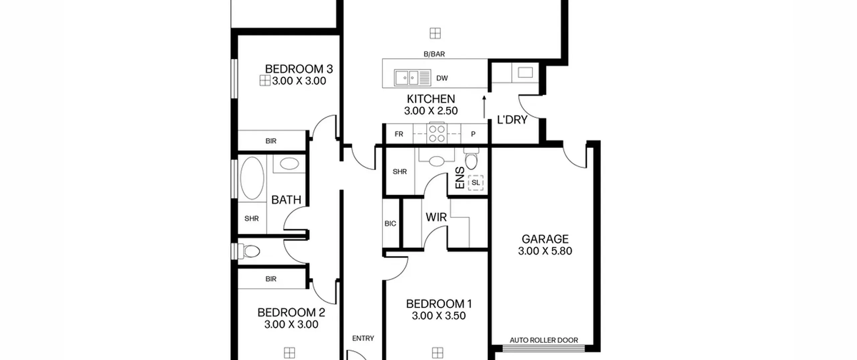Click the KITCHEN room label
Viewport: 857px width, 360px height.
(431, 99)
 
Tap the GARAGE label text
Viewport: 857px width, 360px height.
(545, 239)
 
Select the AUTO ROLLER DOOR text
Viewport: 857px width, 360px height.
(544, 340)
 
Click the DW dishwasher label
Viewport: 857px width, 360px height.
(442, 78)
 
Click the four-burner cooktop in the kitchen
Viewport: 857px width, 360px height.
(437, 134)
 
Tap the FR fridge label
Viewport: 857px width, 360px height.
(399, 134)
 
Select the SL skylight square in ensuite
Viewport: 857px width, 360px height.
(476, 183)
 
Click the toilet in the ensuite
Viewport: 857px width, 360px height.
(471, 160)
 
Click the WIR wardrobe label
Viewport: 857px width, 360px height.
(436, 217)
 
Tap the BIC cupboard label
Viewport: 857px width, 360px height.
(390, 224)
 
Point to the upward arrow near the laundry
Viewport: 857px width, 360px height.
(484, 107)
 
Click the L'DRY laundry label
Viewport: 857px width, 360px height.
(512, 120)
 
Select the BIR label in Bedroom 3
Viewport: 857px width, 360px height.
(271, 141)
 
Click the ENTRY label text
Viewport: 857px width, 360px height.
(363, 339)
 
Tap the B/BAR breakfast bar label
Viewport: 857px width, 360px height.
(434, 54)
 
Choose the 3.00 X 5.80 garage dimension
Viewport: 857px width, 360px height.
(545, 251)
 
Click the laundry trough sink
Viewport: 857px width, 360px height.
(525, 72)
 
